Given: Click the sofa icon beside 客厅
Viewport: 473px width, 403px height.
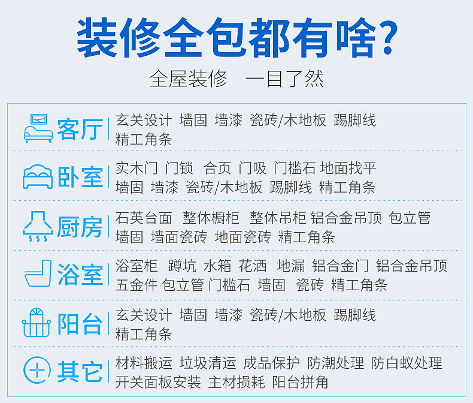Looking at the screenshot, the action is [x=38, y=128].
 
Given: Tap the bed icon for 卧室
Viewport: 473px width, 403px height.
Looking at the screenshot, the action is [x=38, y=177].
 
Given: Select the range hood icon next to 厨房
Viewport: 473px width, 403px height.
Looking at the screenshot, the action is [x=38, y=226].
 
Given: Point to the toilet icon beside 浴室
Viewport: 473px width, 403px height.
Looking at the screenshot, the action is [x=38, y=273].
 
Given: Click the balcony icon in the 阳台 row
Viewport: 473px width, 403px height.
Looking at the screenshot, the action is [x=36, y=323].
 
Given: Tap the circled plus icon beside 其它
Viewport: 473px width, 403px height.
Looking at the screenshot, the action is [x=37, y=370].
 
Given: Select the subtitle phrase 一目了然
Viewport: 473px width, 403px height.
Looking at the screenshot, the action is [x=284, y=79].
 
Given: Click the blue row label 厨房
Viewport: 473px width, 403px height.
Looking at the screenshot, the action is [x=80, y=227].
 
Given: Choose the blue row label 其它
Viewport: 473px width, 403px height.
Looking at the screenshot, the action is [x=80, y=372].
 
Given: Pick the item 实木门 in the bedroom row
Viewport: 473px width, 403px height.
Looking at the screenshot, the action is [x=137, y=168].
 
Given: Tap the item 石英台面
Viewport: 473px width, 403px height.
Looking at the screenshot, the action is [x=144, y=218].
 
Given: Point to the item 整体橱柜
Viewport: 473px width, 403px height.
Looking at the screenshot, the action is [x=211, y=218].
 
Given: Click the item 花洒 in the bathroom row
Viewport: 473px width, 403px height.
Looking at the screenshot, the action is [x=253, y=266].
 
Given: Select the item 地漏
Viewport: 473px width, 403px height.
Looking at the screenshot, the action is [x=291, y=266].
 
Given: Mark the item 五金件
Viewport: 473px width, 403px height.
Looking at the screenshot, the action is [x=137, y=285].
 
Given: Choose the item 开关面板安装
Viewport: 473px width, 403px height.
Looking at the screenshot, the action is [x=159, y=382].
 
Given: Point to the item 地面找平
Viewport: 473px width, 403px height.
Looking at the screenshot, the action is [x=348, y=168].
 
